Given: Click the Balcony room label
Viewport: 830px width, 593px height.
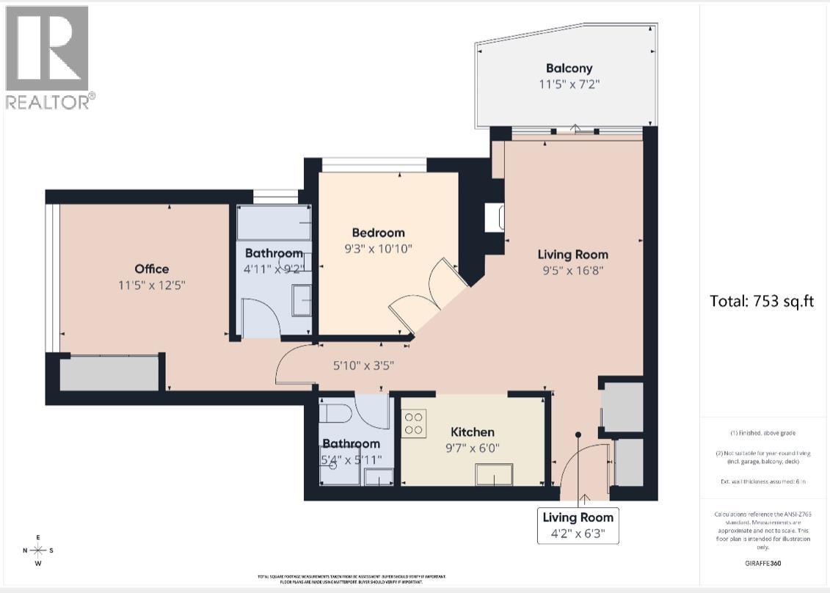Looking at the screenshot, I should point(563,68).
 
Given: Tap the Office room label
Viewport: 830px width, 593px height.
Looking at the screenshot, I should point(151,269).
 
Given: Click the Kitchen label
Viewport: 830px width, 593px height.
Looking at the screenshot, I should point(473,432).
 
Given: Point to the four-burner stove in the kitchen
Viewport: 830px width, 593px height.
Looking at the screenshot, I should point(414,423).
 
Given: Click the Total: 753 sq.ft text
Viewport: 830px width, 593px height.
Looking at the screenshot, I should point(762,301).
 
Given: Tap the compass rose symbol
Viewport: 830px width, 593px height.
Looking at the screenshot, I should point(38,550).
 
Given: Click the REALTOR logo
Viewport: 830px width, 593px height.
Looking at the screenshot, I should point(48,57).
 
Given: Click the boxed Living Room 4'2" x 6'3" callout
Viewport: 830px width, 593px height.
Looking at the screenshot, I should point(578,525).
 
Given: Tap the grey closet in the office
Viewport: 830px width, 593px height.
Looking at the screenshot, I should point(109,374).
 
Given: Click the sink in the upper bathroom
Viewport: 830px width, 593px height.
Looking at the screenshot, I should point(301,299).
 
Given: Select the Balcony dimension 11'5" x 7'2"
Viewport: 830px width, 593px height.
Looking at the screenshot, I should point(563,84).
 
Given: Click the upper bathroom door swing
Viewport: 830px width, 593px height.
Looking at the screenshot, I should point(258,317).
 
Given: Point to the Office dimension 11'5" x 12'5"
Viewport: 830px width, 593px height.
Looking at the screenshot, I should point(151,285).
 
